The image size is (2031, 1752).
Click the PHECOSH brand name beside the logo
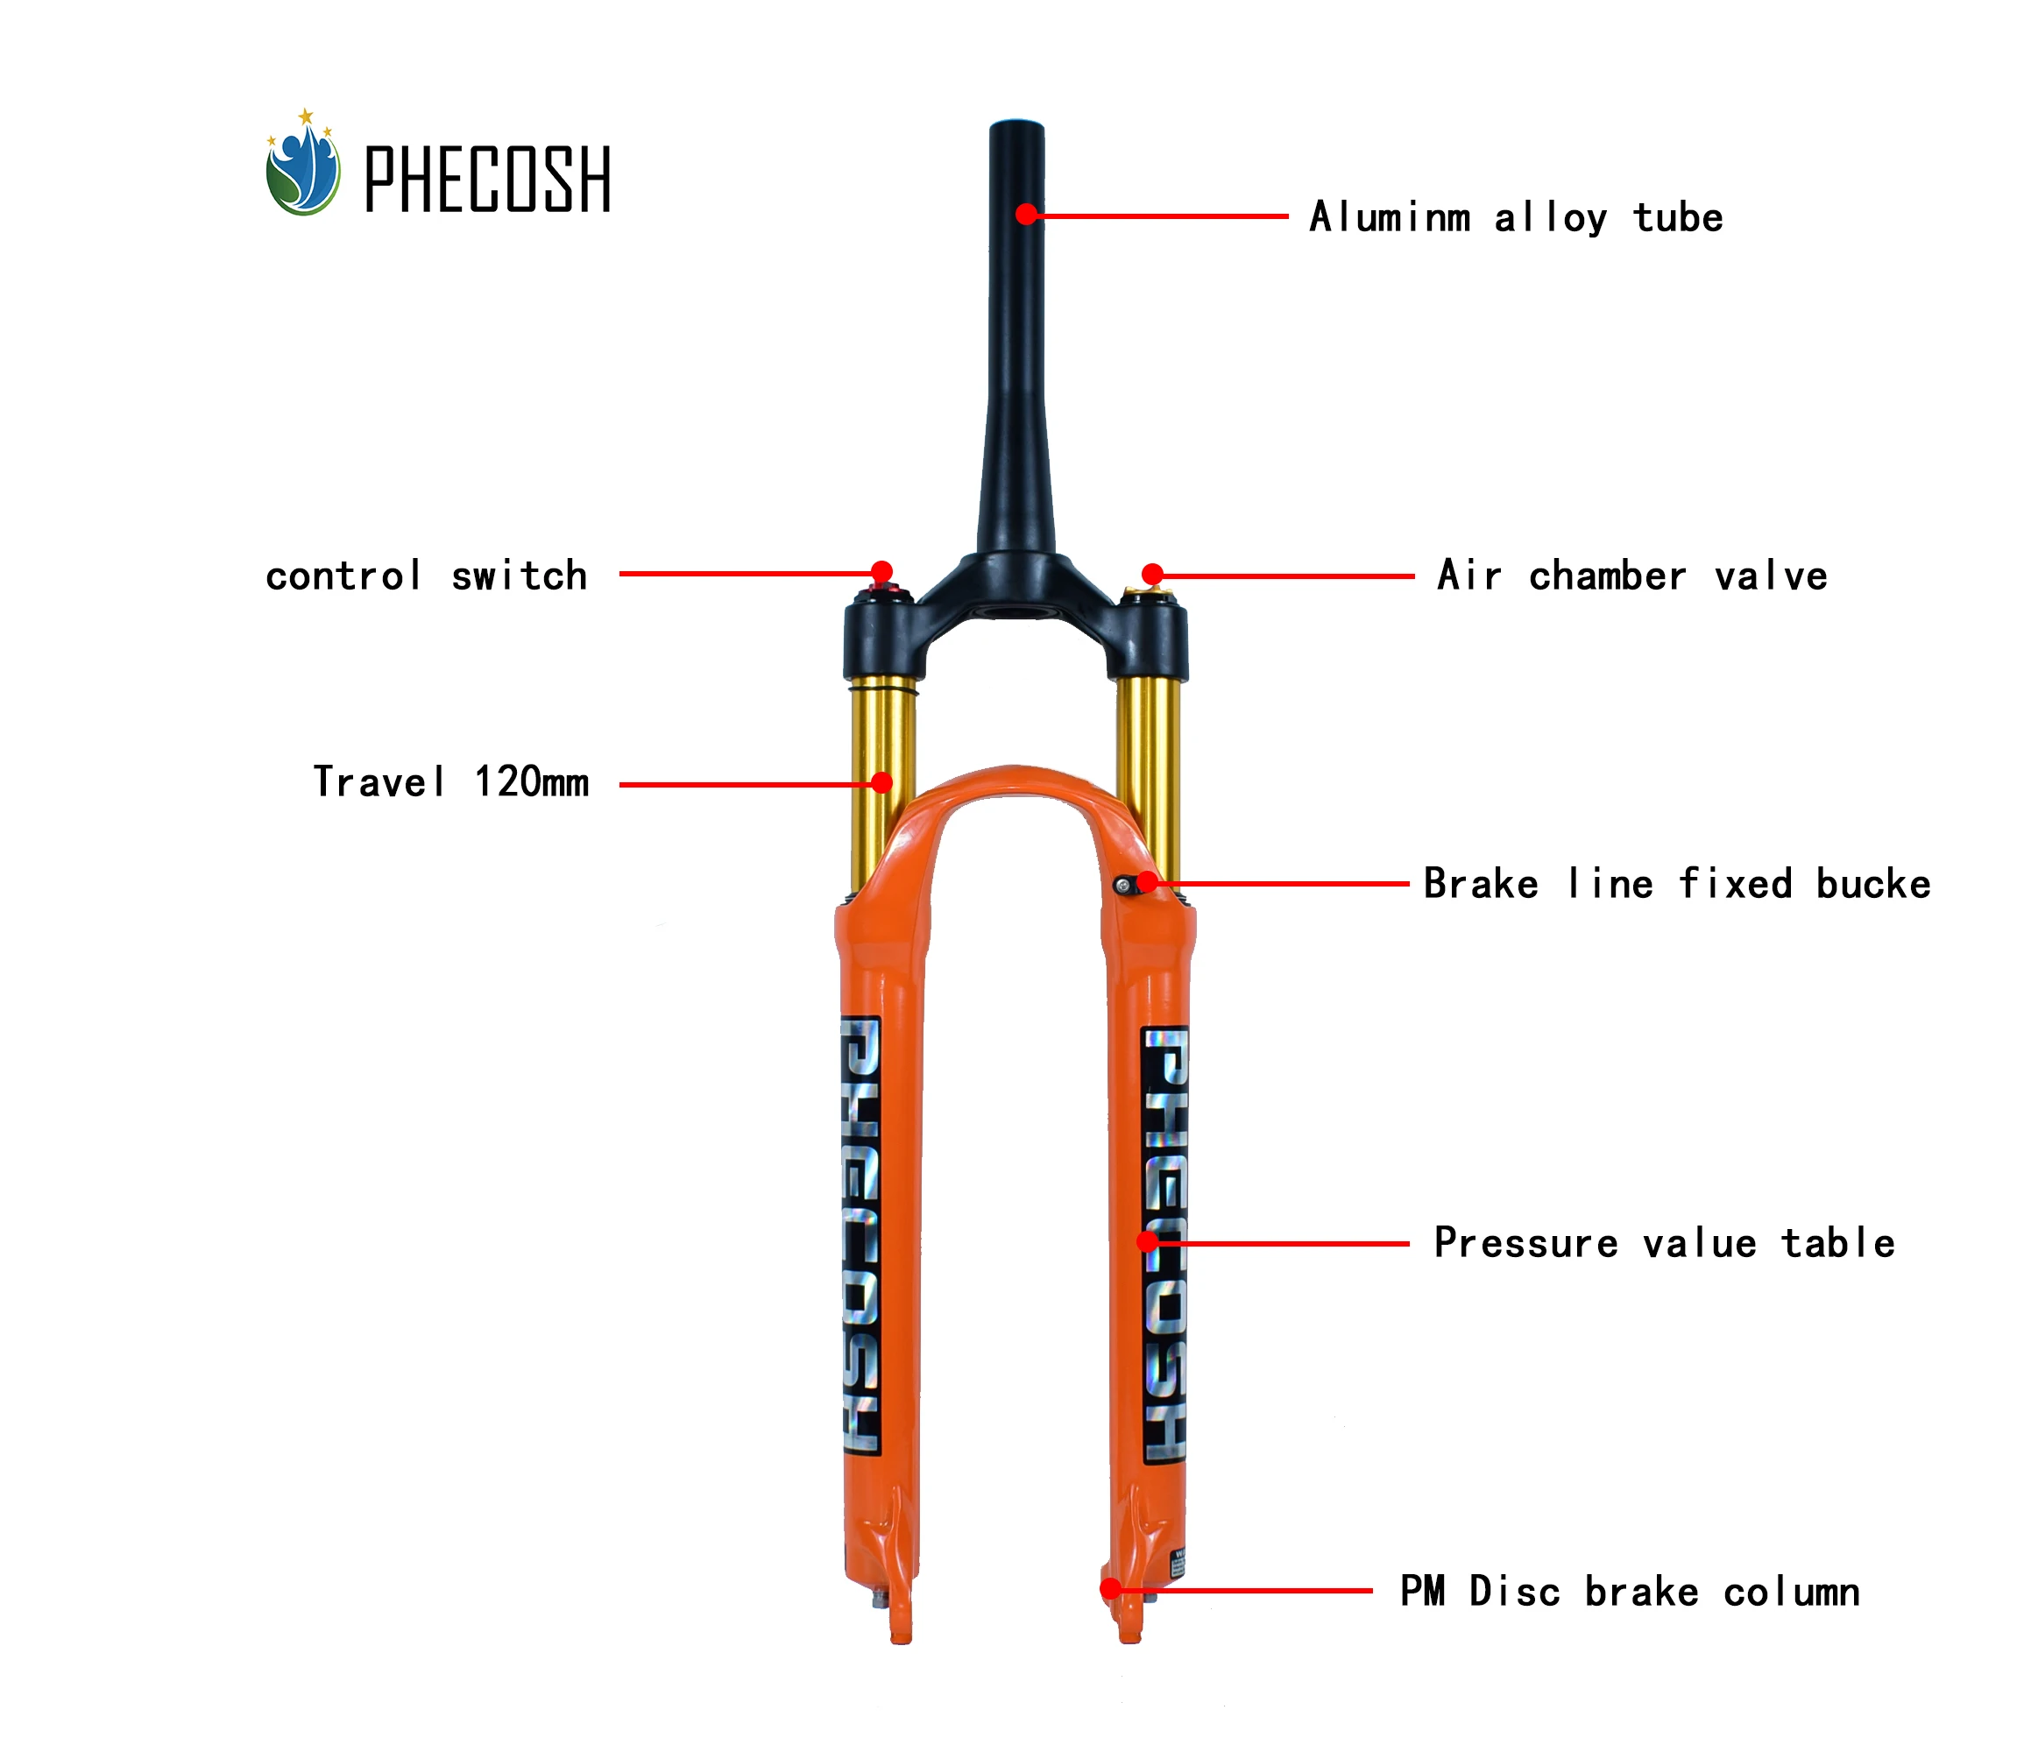[487, 179]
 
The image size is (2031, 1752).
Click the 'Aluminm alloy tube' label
[1516, 216]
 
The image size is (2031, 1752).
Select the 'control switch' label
[427, 576]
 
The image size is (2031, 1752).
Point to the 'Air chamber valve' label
[1632, 576]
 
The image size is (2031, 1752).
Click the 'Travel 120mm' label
[451, 782]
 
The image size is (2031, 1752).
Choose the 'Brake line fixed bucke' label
[1677, 883]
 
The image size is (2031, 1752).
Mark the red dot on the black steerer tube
[1026, 214]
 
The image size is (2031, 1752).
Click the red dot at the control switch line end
[882, 571]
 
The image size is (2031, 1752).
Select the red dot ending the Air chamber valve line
[1153, 574]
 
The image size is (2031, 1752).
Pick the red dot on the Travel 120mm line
[882, 782]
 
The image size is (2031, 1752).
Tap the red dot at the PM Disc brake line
[1111, 1588]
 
